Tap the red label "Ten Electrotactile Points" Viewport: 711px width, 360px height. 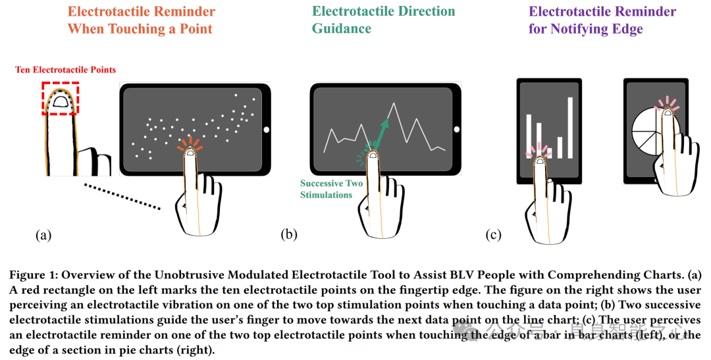pos(65,70)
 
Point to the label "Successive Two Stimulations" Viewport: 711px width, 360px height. pos(331,189)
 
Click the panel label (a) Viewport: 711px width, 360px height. pos(43,234)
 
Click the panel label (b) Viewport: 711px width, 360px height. pos(289,234)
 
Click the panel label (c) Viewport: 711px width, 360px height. pos(493,234)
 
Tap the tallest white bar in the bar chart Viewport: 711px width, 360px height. pos(570,128)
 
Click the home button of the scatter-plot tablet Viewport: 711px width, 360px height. pos(266,129)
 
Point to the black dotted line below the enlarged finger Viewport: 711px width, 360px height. pos(122,196)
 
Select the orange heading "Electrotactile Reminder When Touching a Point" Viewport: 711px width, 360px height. pos(141,20)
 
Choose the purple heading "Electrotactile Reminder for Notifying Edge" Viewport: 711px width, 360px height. pos(602,20)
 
